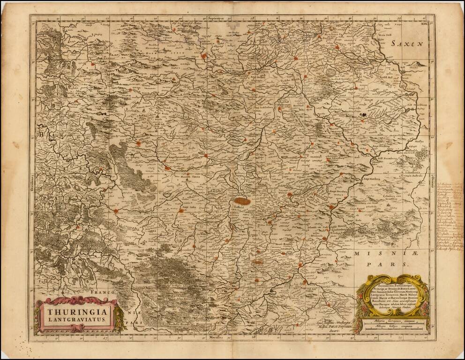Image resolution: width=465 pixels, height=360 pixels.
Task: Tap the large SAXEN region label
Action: point(408,44)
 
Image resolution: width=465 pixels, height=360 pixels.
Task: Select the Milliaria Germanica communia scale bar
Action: point(396,321)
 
